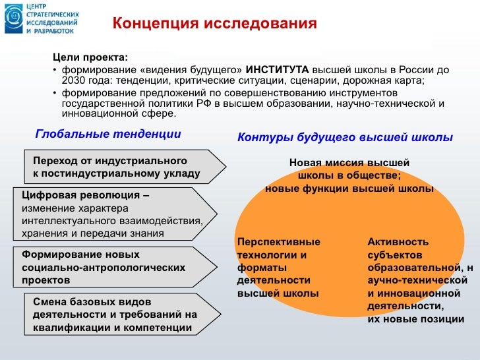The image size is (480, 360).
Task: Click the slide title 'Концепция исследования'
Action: (x=215, y=24)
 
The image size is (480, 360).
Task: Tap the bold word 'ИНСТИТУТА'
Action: (x=278, y=69)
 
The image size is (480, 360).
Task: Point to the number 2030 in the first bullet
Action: (x=73, y=81)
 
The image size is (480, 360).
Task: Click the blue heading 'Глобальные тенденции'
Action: (x=107, y=134)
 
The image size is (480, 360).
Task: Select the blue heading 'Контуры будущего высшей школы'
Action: (x=345, y=138)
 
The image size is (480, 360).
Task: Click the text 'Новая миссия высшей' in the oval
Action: (x=349, y=162)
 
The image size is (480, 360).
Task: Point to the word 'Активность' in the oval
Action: (x=398, y=241)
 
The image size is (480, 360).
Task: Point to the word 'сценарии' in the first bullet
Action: (x=320, y=81)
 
